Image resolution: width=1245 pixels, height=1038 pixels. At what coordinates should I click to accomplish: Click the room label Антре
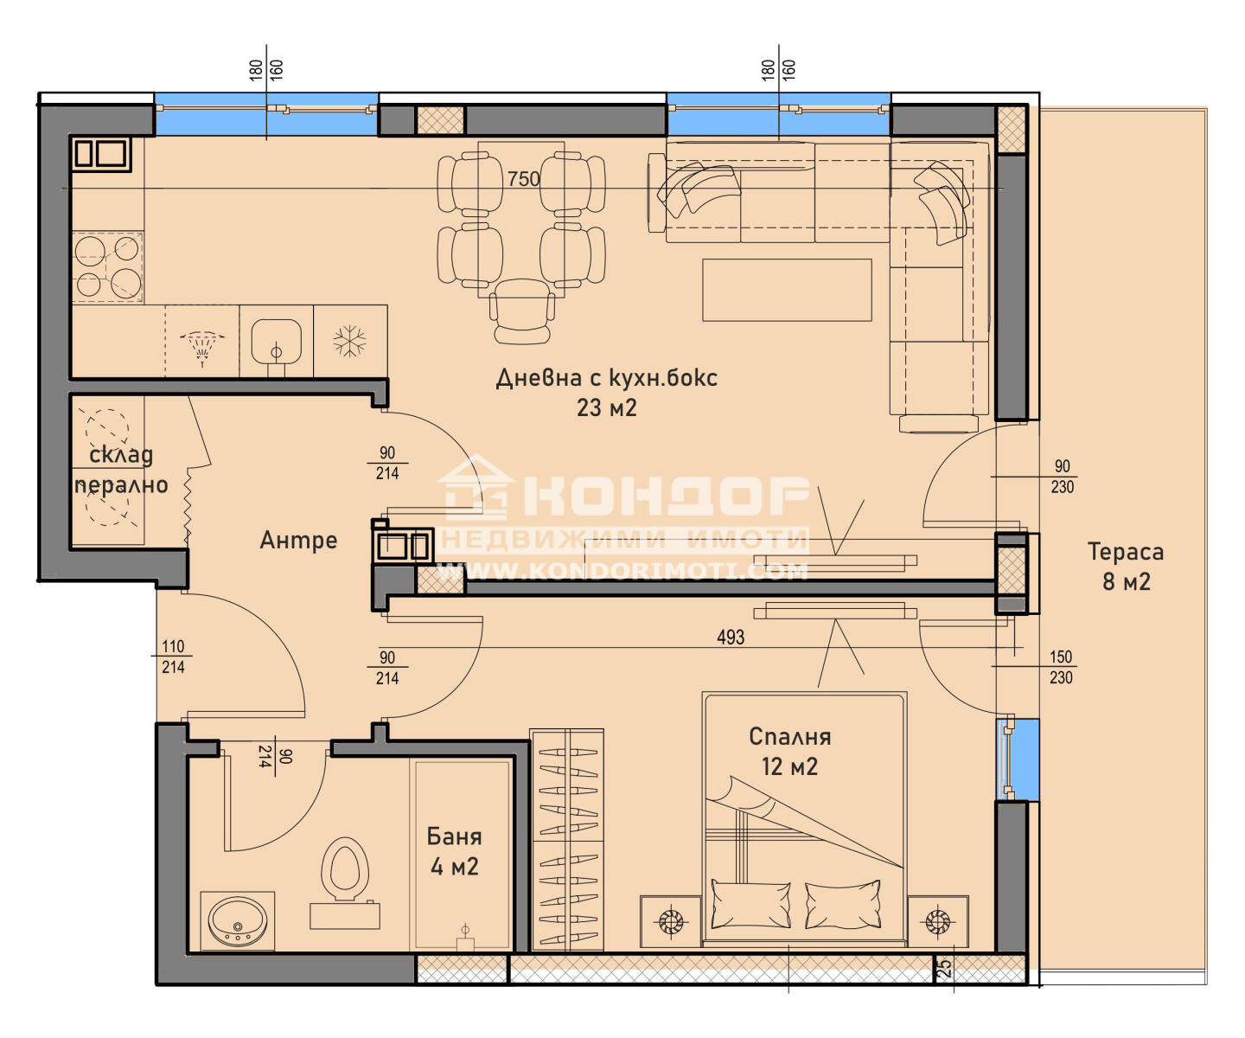point(298,540)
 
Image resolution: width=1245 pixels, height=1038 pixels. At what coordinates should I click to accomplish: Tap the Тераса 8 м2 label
point(1125,566)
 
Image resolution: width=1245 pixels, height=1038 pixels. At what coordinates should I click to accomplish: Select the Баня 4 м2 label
point(455,851)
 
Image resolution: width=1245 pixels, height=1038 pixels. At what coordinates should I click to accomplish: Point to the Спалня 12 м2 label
point(789,751)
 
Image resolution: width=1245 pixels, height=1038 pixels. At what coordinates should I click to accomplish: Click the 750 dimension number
point(524,179)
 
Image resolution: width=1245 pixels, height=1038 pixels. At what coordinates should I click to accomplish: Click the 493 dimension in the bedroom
point(731,638)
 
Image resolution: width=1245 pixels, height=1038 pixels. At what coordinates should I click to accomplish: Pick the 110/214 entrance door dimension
point(173,657)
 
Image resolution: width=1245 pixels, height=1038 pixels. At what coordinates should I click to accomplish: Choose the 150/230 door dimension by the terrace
point(1061,668)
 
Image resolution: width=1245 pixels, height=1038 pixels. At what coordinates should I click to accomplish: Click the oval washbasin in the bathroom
point(237,921)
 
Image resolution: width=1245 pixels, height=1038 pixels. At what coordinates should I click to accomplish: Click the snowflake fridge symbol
point(350,341)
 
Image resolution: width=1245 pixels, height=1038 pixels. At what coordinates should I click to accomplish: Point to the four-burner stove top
point(108,266)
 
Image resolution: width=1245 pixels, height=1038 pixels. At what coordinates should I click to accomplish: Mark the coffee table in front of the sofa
point(787,290)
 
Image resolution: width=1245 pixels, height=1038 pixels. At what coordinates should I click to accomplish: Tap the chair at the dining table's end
point(521,311)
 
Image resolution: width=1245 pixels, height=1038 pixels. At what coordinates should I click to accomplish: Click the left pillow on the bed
point(750,905)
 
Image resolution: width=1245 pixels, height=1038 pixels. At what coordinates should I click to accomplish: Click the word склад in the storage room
point(121,455)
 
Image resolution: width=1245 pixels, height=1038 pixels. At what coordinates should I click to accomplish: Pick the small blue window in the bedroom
point(1018,759)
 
